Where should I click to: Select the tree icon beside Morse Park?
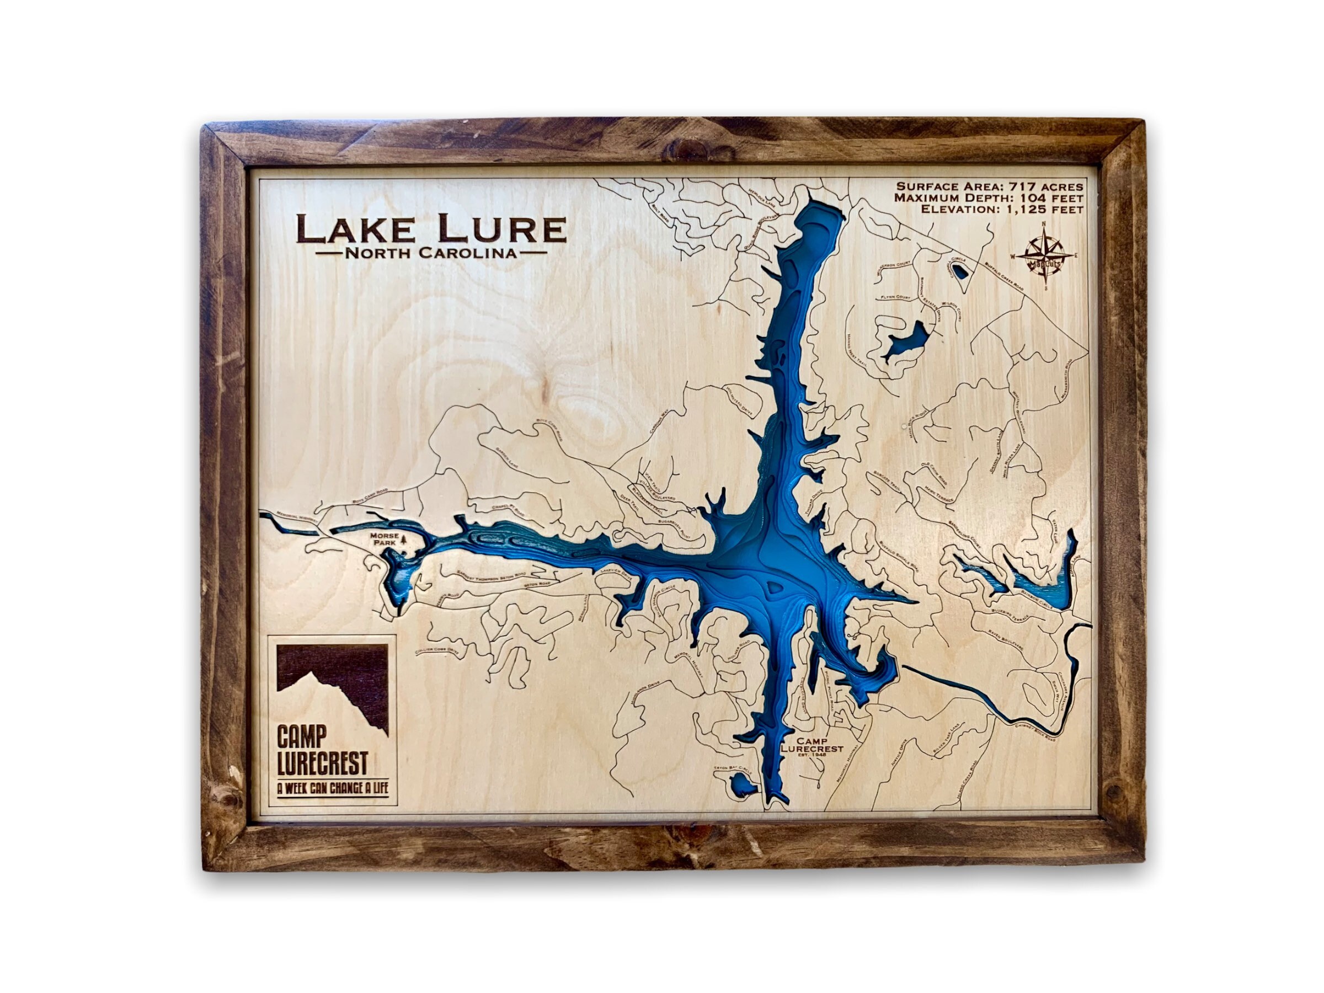pyautogui.click(x=403, y=541)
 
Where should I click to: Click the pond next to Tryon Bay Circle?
pyautogui.click(x=741, y=782)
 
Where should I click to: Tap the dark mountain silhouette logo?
pyautogui.click(x=333, y=686)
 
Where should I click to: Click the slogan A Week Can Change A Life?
pyautogui.click(x=332, y=788)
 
